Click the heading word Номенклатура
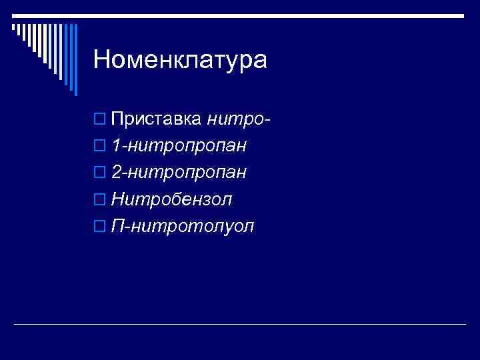coord(180,59)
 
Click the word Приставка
coord(157,119)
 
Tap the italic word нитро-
coord(239,119)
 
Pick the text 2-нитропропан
coord(179,173)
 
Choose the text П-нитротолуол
coord(183,226)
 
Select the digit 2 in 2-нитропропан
coord(117,173)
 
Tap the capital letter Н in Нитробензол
coord(119,199)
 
